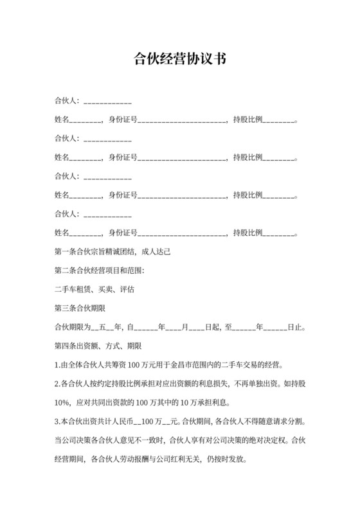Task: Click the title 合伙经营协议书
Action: pos(179,59)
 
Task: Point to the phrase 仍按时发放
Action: pos(226,460)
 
